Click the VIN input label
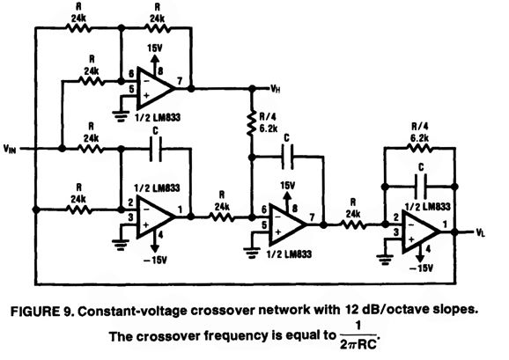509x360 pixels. (x=10, y=149)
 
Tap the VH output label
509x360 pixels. (x=276, y=89)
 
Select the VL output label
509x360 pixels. (x=481, y=232)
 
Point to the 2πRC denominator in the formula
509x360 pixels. (x=358, y=344)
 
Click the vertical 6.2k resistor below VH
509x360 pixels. (x=252, y=123)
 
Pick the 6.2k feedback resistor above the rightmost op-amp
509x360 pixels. (x=419, y=148)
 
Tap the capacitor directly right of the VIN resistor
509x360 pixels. (x=156, y=149)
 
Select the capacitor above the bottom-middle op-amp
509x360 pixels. (x=287, y=157)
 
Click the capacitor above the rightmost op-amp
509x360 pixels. (x=421, y=187)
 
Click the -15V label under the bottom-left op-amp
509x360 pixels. (x=156, y=261)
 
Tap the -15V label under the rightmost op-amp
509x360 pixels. (x=421, y=268)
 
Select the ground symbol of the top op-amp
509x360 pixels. (x=121, y=116)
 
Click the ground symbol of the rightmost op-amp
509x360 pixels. (x=385, y=261)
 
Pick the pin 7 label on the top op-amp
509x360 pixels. (x=180, y=81)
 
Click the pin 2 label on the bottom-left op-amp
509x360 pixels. (x=130, y=202)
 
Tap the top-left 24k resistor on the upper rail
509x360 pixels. (x=78, y=28)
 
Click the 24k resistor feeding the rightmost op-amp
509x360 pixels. (x=353, y=224)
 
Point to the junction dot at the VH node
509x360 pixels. (x=252, y=88)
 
